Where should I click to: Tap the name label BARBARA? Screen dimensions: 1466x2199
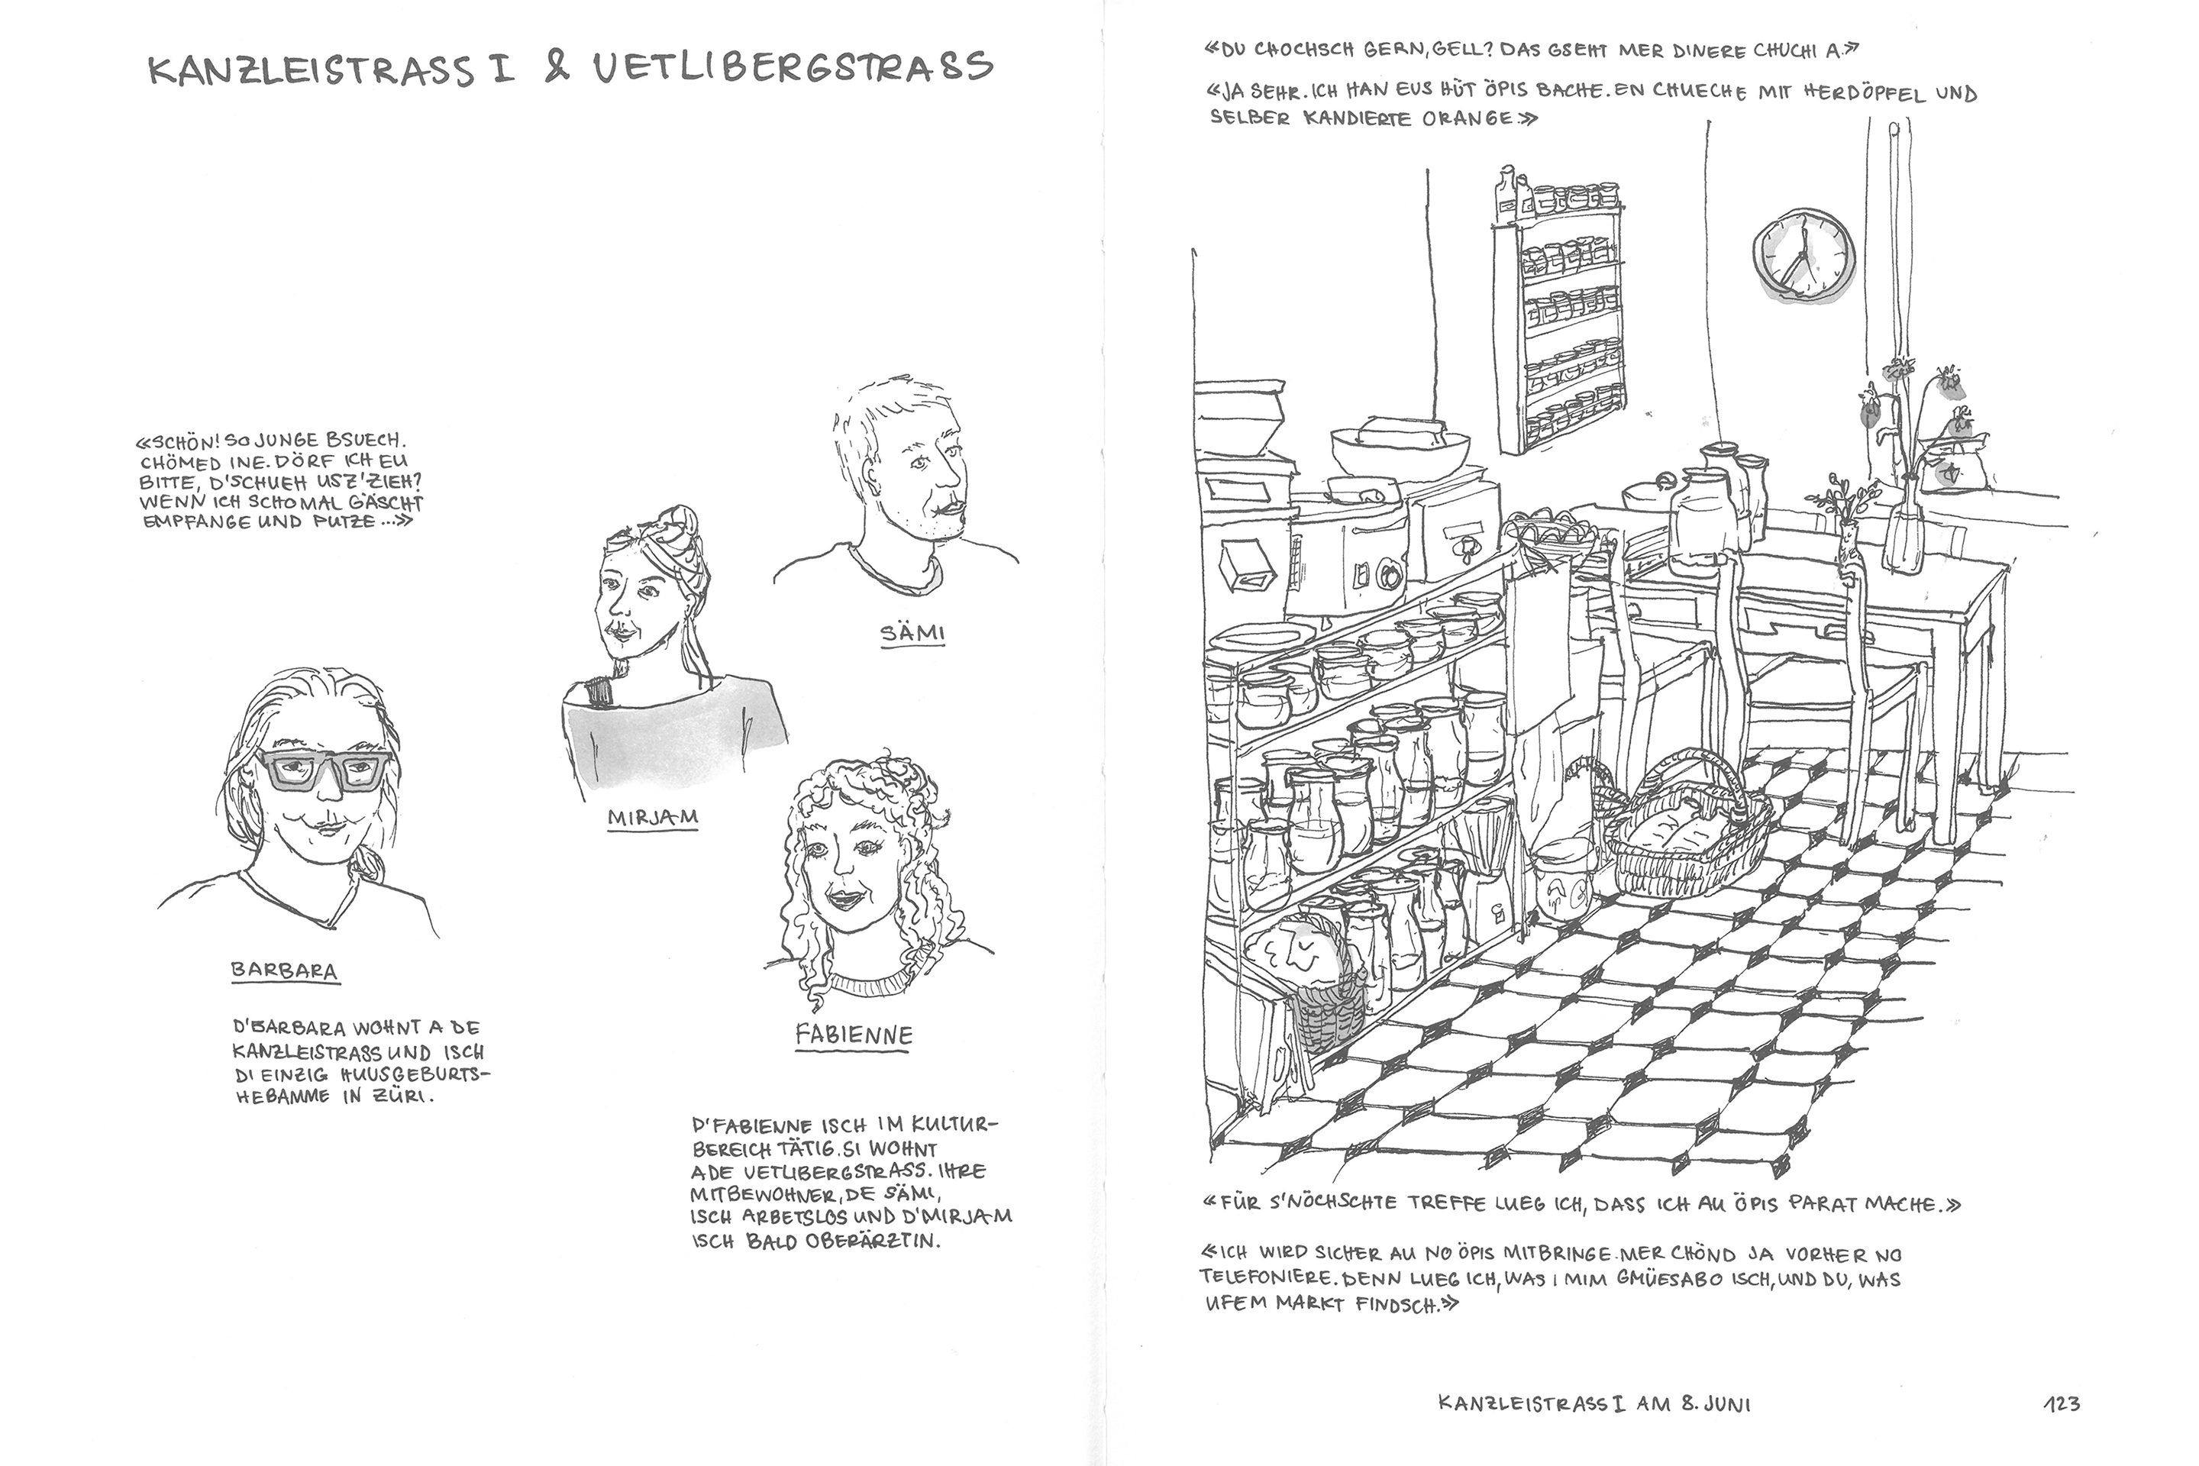284,970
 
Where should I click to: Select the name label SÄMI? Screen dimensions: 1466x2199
912,633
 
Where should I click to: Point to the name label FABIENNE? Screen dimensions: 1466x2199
854,1035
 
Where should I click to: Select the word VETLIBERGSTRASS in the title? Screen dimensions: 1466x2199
793,67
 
